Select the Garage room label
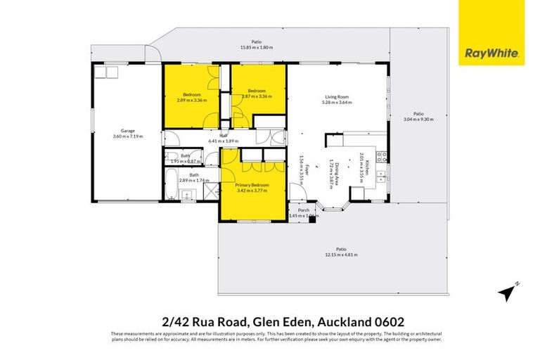pos(127,130)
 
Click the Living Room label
pos(337,97)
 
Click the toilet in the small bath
pos(171,157)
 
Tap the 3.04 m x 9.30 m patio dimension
pos(418,120)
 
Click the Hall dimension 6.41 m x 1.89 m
pos(224,141)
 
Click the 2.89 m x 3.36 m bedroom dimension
pos(191,100)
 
